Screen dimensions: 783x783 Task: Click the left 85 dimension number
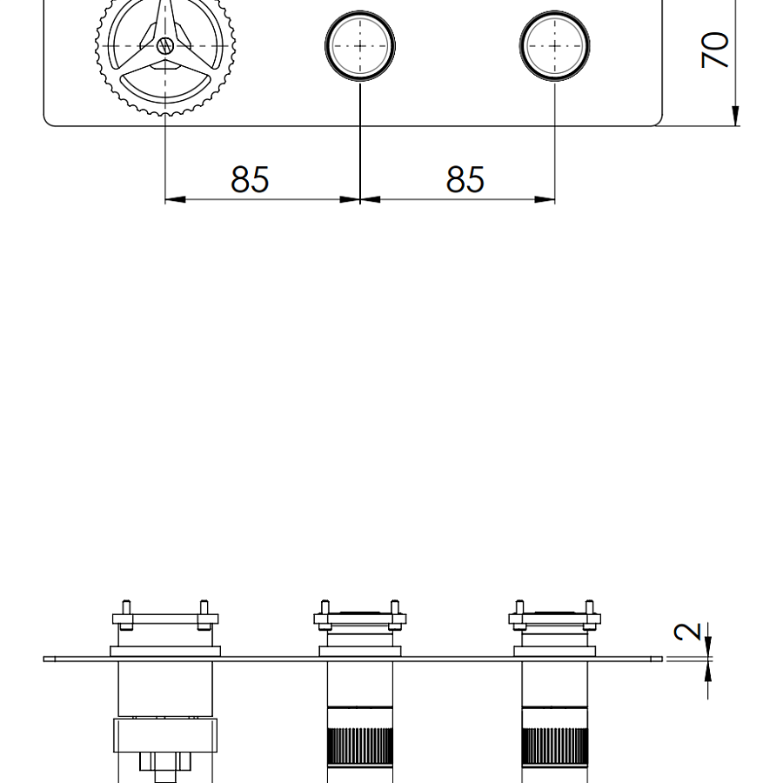pyautogui.click(x=250, y=179)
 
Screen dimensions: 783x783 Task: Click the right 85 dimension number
pyautogui.click(x=465, y=179)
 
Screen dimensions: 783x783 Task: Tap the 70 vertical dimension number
pyautogui.click(x=714, y=50)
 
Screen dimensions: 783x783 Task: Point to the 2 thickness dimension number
pyautogui.click(x=687, y=632)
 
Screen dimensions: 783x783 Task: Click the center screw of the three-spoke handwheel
pyautogui.click(x=164, y=46)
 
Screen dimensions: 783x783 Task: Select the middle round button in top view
pyautogui.click(x=360, y=46)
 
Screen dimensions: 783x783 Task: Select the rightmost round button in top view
pyautogui.click(x=555, y=46)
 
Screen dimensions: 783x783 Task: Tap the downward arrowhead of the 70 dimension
pyautogui.click(x=735, y=116)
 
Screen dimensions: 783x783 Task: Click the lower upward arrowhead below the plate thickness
pyautogui.click(x=707, y=672)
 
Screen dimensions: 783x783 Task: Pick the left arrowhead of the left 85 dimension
pyautogui.click(x=175, y=199)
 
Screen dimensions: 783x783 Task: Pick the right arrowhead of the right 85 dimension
pyautogui.click(x=545, y=199)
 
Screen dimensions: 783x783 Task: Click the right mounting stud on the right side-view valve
pyautogui.click(x=589, y=614)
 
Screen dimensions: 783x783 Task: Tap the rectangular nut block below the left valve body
pyautogui.click(x=165, y=735)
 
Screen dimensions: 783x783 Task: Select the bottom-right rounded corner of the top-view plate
pyautogui.click(x=656, y=120)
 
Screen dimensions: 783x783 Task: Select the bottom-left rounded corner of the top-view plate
pyautogui.click(x=50, y=120)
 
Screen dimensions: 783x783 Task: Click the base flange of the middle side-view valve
pyautogui.click(x=360, y=651)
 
